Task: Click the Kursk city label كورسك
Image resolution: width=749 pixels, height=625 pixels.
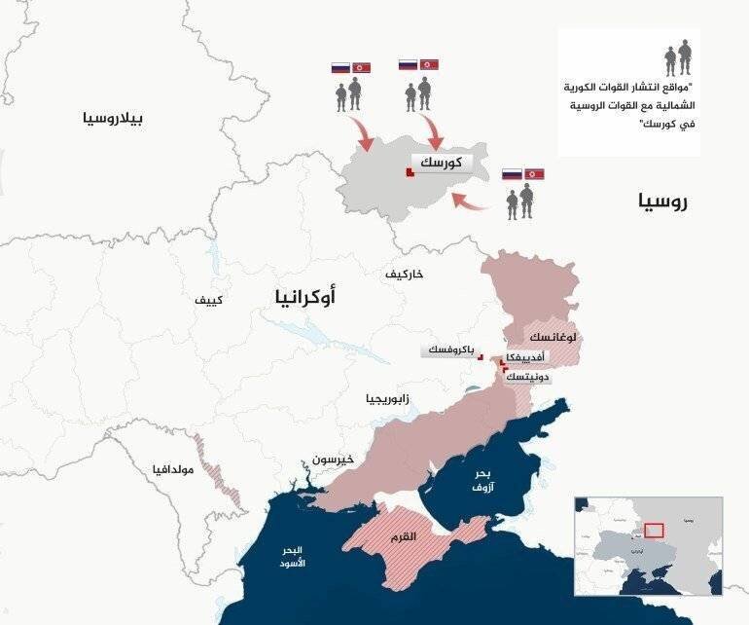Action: [441, 164]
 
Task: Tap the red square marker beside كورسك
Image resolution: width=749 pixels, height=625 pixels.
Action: [410, 173]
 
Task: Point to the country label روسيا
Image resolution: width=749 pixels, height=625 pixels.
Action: [663, 202]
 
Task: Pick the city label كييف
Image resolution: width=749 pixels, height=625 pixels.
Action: [208, 300]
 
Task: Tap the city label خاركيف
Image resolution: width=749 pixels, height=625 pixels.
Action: [405, 274]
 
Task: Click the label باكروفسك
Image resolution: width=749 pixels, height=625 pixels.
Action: [448, 349]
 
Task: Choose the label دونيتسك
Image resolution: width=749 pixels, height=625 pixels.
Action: [531, 376]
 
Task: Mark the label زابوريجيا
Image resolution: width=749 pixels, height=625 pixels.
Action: [387, 399]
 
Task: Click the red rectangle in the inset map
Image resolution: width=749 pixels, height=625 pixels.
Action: [655, 531]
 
